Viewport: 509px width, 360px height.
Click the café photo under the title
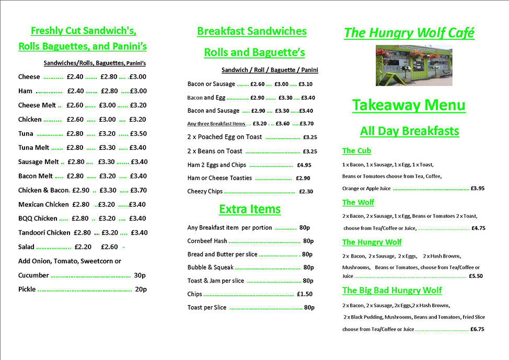tap(413, 65)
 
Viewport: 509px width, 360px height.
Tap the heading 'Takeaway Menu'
tap(409, 105)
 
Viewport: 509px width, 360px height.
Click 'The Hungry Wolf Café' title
tap(409, 33)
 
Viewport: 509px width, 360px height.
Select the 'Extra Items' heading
tap(250, 210)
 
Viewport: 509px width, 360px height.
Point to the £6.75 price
tap(477, 329)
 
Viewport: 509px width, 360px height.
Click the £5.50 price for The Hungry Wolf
tap(476, 276)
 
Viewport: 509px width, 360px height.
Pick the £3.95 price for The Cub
tap(477, 188)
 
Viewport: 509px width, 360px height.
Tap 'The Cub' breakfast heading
tap(356, 151)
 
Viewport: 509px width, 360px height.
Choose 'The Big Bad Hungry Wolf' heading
tap(392, 291)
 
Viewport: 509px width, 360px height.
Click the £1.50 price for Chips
tap(305, 294)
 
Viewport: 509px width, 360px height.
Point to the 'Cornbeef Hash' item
tap(207, 241)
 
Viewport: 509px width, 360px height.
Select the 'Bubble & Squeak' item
tap(211, 268)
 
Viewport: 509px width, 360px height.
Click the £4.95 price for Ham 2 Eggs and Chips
tap(304, 165)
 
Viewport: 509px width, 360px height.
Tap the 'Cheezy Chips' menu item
tap(205, 192)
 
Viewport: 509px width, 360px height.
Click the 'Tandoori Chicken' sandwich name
tap(44, 233)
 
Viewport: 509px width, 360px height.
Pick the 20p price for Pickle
tap(141, 289)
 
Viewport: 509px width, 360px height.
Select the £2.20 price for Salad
tap(83, 247)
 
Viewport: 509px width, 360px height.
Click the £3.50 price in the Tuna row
tap(138, 134)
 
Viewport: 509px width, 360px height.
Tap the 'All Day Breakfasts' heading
tap(409, 131)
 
